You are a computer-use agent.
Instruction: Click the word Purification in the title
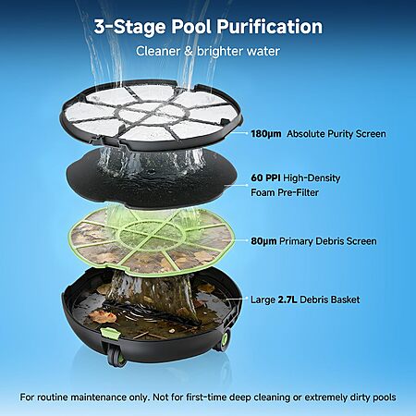pos(269,27)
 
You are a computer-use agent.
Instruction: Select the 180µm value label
pos(266,134)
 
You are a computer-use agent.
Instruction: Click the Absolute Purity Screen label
pos(336,134)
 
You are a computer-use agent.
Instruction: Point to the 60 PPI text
pos(265,177)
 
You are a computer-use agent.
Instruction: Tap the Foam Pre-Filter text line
pos(285,192)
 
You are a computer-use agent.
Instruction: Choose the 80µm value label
pos(263,241)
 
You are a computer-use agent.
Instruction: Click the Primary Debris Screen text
pos(328,241)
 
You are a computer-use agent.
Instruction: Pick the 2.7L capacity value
pos(288,300)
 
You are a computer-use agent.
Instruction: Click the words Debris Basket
pos(330,300)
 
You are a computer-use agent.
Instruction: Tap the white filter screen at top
pos(151,114)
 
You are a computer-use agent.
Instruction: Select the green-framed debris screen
pos(151,240)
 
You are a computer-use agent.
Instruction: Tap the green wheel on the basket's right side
pos(225,340)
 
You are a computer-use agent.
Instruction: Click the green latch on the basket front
pos(109,334)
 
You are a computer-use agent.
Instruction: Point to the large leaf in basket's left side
pos(102,316)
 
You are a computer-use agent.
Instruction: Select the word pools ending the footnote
pos(385,398)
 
